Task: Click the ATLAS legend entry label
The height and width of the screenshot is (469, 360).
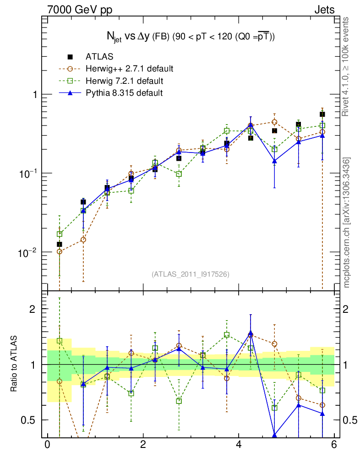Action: point(99,57)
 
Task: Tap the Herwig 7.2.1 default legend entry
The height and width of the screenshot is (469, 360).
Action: point(124,81)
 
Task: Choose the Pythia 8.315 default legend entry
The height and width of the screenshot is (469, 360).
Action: point(124,93)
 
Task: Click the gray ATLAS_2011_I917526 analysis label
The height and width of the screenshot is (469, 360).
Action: point(191,274)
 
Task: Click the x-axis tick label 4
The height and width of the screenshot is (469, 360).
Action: point(239,445)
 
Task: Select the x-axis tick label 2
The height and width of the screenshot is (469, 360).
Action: point(143,445)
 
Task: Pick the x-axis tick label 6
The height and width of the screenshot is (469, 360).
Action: point(334,445)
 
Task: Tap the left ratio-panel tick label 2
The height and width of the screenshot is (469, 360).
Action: point(33,309)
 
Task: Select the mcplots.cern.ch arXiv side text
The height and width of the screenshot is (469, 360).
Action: point(347,223)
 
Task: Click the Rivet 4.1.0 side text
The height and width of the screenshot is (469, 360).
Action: point(347,66)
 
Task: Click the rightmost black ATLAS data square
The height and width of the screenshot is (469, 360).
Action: point(322,114)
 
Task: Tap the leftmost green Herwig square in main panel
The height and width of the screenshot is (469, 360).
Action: point(60,234)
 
